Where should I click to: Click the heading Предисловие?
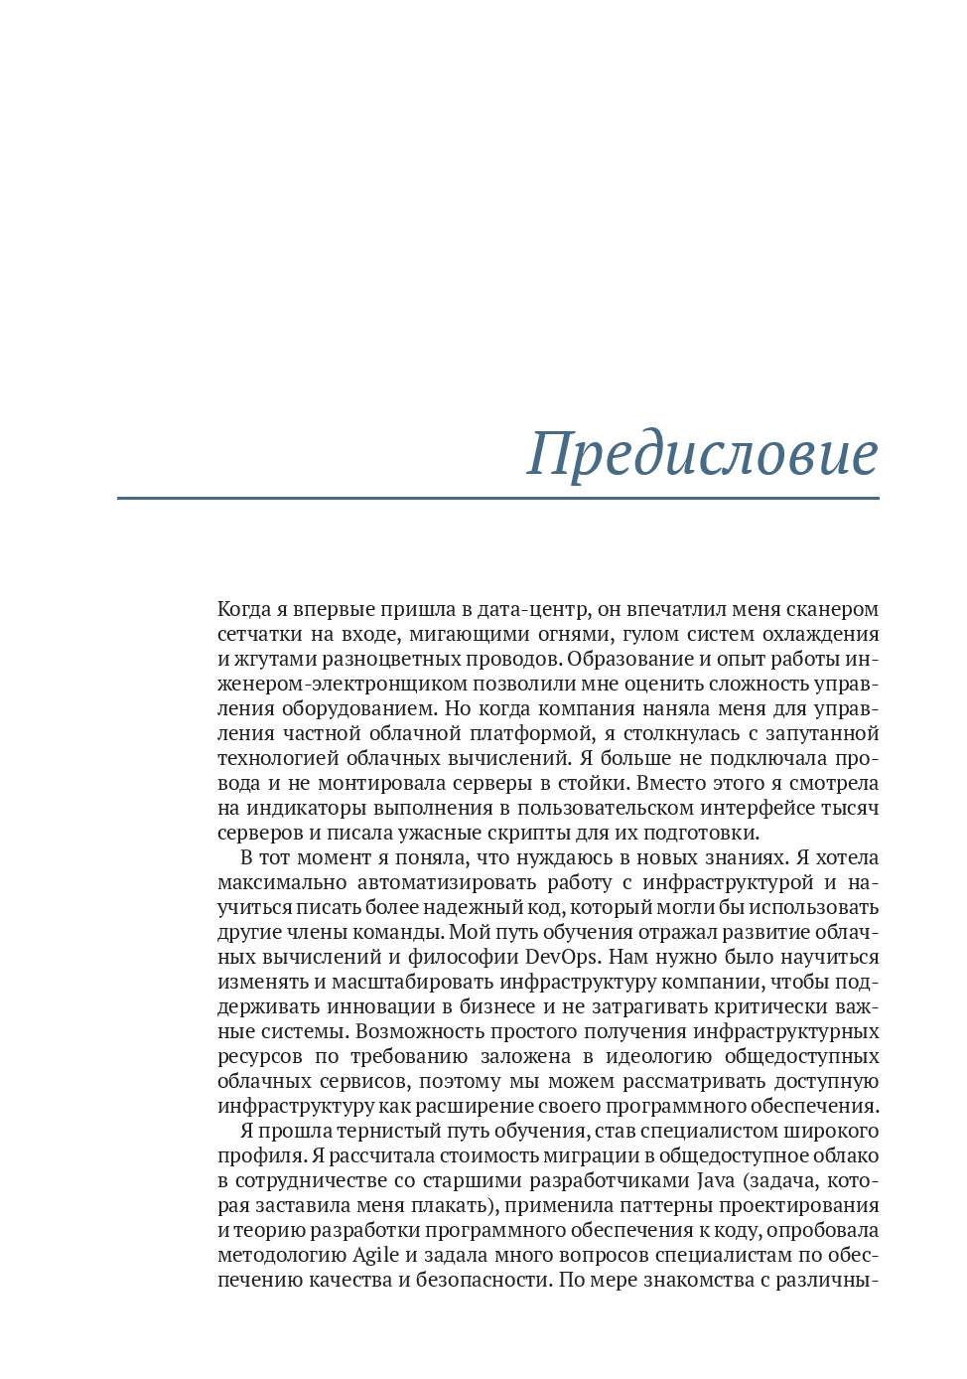(702, 453)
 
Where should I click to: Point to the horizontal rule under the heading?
(497, 498)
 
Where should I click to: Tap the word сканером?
(833, 609)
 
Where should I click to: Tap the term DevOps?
(562, 957)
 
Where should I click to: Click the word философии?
(463, 957)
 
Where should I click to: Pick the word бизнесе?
(497, 1006)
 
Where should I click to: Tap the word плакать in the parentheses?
(453, 1205)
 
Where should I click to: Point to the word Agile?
(376, 1255)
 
